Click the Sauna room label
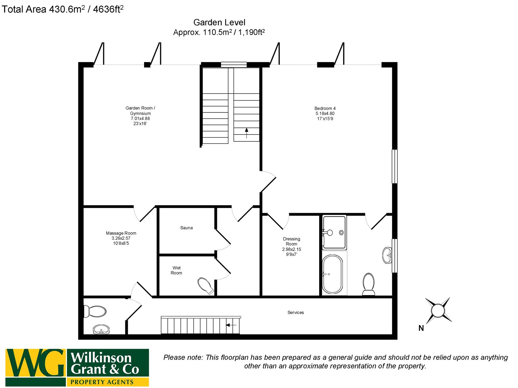coord(186,228)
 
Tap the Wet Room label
coord(176,270)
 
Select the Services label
coord(296,312)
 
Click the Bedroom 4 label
coord(325,113)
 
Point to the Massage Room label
coord(121,238)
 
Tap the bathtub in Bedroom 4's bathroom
coord(332,274)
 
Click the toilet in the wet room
coord(206,286)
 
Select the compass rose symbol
coord(438,310)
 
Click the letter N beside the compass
coord(421,328)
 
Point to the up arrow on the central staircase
coord(247,133)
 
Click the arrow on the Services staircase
coord(231,325)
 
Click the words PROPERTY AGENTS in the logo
coord(102,382)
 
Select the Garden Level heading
coord(219,23)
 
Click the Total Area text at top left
coord(63,9)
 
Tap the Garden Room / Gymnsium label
coord(140,116)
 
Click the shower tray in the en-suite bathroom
coord(334,232)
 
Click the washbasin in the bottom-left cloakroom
coord(101,329)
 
